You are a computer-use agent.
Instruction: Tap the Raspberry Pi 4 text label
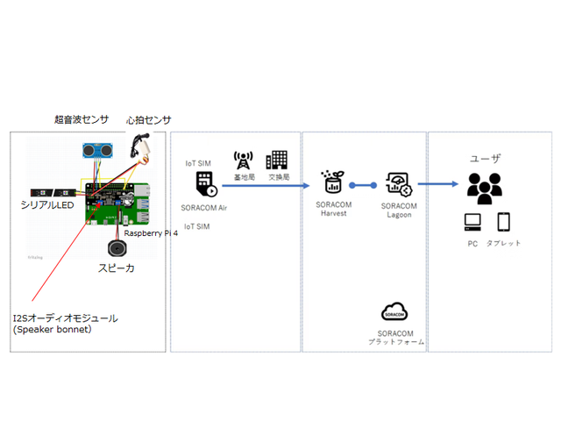pos(150,233)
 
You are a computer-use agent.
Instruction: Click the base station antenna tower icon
pos(242,160)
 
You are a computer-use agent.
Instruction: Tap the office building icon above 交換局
pos(277,159)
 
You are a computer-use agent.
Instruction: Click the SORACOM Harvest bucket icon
pos(331,182)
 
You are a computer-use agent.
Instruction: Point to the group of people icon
pos(484,186)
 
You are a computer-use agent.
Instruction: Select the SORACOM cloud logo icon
pos(393,311)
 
